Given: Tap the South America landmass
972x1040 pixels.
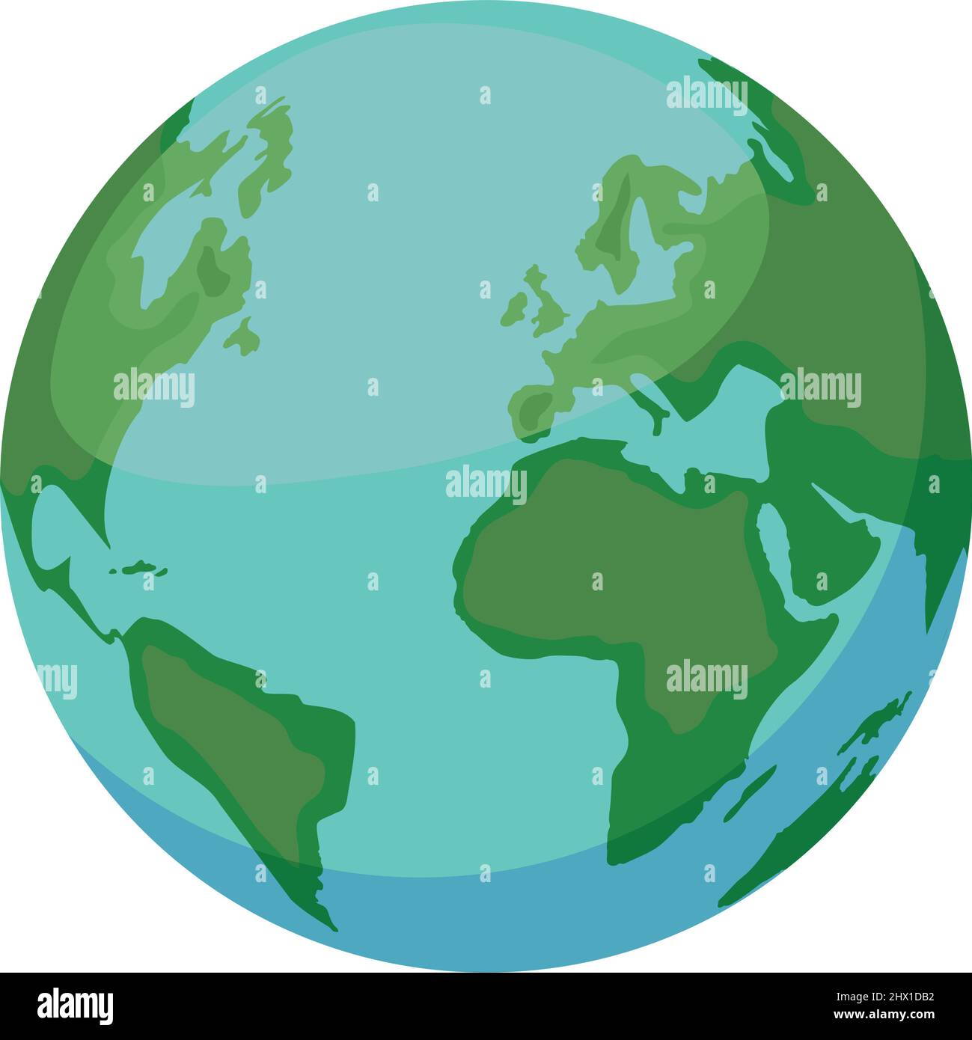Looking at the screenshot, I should click(239, 718).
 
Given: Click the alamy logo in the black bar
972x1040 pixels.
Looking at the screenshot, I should click(76, 1006).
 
